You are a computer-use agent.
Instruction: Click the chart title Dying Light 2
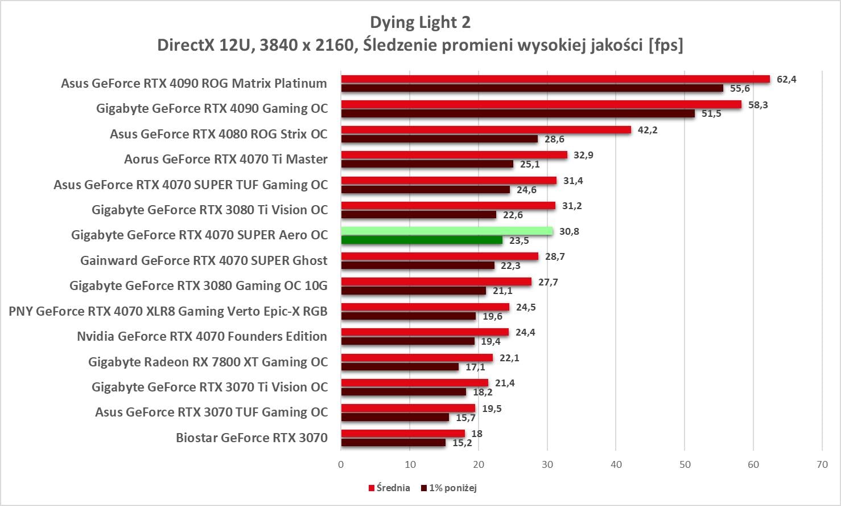coord(420,22)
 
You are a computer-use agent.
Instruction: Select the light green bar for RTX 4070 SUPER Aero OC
coord(447,231)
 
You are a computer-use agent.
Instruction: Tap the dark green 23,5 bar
coord(422,240)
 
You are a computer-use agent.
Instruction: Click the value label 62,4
coord(786,79)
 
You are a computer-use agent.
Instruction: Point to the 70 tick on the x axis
coord(822,464)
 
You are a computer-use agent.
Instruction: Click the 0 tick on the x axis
coord(341,464)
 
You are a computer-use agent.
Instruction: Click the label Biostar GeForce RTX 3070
coord(252,438)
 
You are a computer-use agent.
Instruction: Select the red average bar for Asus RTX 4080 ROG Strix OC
coord(486,130)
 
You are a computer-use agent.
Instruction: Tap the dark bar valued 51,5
coord(518,114)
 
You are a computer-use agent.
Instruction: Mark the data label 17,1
coord(475,367)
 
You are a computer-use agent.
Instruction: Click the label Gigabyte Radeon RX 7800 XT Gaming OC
coord(208,362)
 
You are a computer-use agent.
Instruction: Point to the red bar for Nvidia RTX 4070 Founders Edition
coord(424,332)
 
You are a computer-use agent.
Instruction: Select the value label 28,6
coord(554,139)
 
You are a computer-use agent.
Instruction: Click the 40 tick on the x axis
coord(616,464)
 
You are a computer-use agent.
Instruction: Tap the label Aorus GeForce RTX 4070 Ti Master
coord(226,159)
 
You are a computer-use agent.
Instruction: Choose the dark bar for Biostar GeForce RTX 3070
coord(393,443)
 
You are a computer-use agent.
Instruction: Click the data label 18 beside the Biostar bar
coord(477,434)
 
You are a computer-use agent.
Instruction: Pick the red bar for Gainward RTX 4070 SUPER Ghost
coord(439,256)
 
